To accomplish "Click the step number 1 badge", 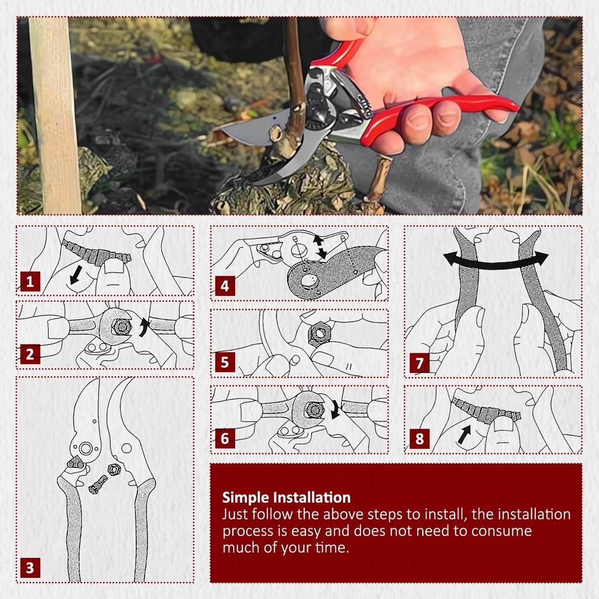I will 30,283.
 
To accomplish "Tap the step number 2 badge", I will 30,354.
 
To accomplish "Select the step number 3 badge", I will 30,567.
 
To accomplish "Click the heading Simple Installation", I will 286,498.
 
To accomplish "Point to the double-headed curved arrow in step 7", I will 495,261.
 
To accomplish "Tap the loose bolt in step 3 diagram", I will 98,484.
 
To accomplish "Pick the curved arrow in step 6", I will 336,409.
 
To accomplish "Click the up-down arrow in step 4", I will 320,246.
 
